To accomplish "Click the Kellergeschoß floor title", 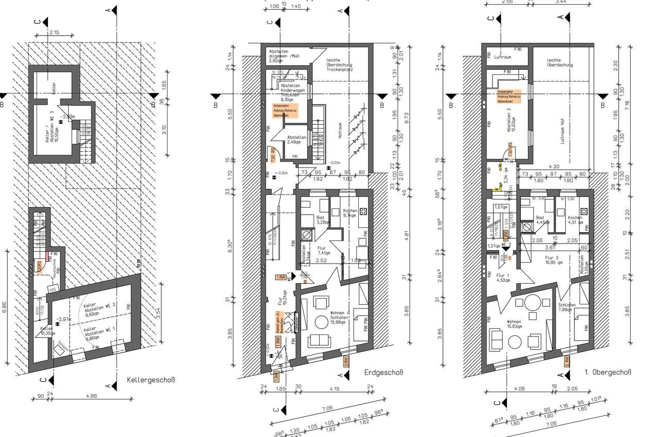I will (x=151, y=381).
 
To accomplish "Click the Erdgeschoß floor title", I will (x=383, y=373).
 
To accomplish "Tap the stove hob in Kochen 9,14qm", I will (x=363, y=211).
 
